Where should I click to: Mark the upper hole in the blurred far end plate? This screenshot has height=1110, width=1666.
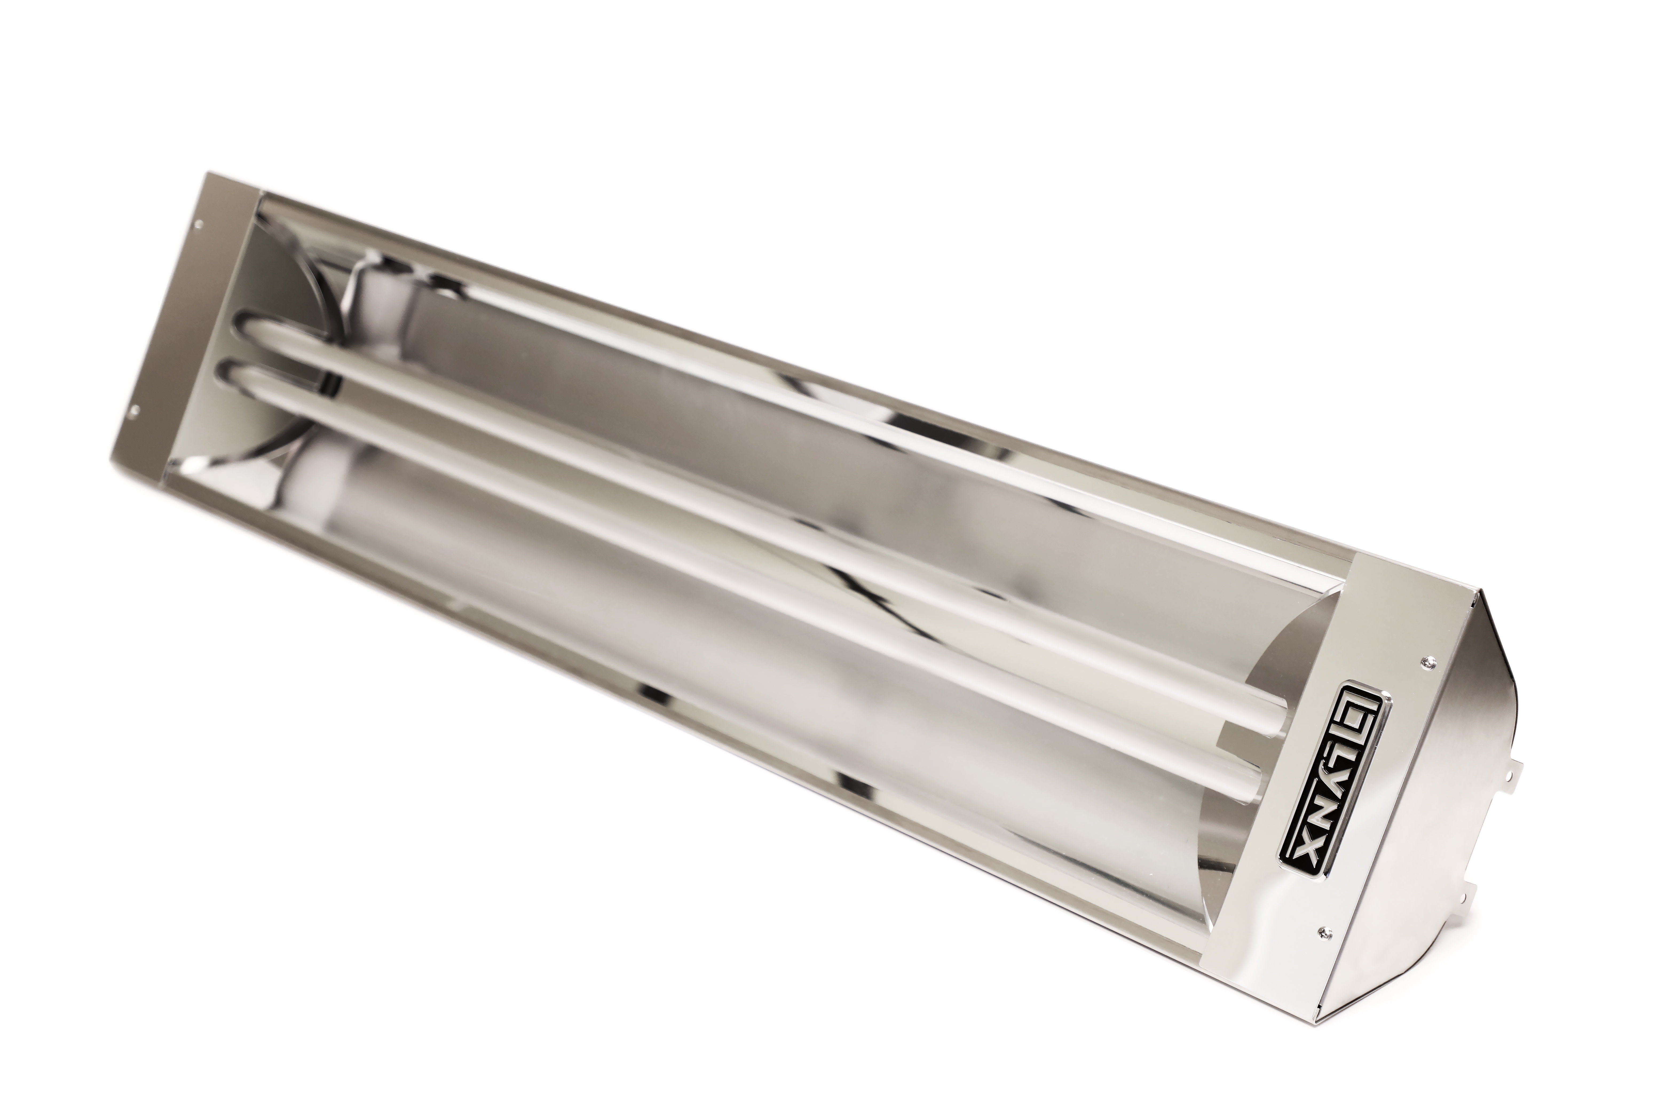coord(197,225)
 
